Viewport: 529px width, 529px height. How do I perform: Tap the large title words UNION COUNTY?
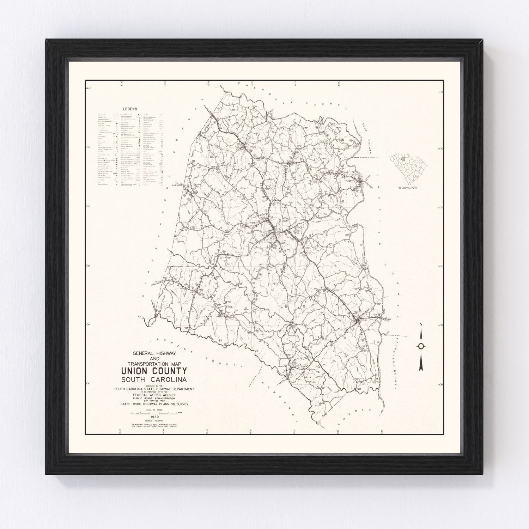click(154, 371)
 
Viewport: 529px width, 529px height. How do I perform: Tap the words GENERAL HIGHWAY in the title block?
click(154, 353)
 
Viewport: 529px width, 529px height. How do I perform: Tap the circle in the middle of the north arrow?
click(421, 346)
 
